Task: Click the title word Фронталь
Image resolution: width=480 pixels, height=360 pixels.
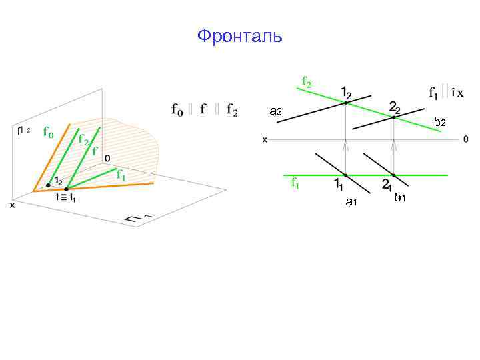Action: point(240,36)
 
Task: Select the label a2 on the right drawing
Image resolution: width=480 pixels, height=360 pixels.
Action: point(275,111)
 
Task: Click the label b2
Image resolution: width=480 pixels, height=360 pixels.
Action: point(439,122)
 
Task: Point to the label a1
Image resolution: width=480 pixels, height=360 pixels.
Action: point(351,201)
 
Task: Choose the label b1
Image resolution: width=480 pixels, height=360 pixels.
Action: point(399,197)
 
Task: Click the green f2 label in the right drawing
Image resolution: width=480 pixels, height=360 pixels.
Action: point(306,82)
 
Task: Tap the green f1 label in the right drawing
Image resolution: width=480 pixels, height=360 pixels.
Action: point(295,183)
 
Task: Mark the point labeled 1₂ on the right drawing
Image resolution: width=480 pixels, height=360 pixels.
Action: point(345,102)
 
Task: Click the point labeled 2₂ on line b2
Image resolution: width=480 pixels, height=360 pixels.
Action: point(394,118)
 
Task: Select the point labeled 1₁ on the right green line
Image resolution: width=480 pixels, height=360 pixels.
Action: point(345,175)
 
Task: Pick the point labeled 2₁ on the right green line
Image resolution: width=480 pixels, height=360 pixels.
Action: point(394,175)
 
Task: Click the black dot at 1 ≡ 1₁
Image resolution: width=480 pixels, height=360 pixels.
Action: point(66,189)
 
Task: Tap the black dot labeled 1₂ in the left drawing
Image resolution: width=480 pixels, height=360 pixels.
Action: point(48,185)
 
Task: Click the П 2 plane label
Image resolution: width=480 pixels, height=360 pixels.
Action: point(24,131)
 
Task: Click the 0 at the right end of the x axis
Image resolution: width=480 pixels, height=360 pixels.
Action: point(465,139)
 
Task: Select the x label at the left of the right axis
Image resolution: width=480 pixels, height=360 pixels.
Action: point(265,140)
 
